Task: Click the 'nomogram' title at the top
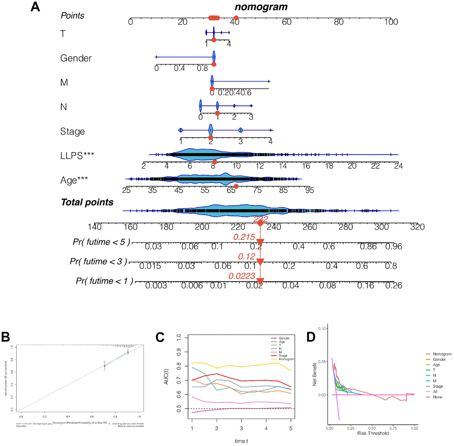(261, 7)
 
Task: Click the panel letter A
(35, 7)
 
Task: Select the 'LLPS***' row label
(77, 155)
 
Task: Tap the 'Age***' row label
(74, 180)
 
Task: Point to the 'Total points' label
(87, 202)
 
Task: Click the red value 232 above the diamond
(261, 219)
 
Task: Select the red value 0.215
(244, 237)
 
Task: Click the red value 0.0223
(242, 277)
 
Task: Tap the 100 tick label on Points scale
(391, 22)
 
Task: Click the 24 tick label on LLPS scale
(398, 166)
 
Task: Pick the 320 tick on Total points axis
(417, 227)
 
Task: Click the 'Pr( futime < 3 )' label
(98, 261)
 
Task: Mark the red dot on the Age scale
(236, 186)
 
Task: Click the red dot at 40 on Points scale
(236, 18)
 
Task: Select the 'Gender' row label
(76, 58)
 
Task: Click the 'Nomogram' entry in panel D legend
(442, 354)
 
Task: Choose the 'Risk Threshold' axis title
(373, 433)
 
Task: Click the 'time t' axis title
(241, 441)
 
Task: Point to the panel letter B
(6, 337)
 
